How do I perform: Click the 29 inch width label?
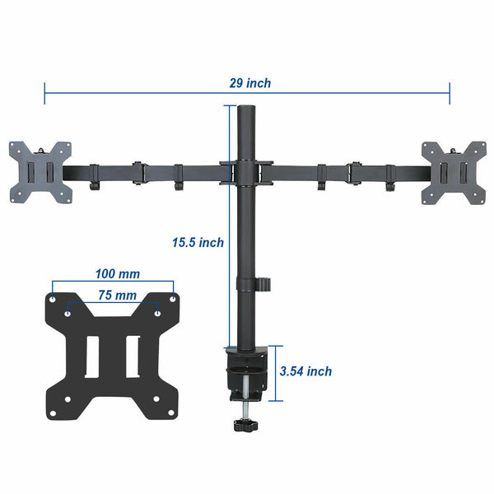click(250, 83)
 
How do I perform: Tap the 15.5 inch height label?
click(198, 242)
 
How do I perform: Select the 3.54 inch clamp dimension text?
click(305, 371)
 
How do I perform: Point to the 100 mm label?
click(116, 273)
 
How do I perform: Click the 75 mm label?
click(116, 294)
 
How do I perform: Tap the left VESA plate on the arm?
click(40, 172)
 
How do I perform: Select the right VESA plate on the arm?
click(453, 172)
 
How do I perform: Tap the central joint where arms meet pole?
click(245, 171)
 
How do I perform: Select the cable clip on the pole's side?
click(264, 283)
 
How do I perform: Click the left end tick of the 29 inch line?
click(44, 92)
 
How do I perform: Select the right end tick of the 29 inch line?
click(450, 92)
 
